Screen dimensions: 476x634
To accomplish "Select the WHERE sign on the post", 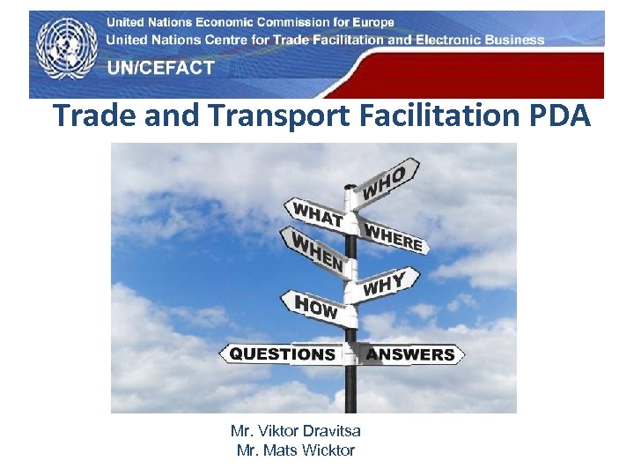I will pyautogui.click(x=394, y=235).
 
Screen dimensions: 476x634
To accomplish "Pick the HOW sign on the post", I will pyautogui.click(x=315, y=308).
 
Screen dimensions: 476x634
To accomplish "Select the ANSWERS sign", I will pyautogui.click(x=410, y=354).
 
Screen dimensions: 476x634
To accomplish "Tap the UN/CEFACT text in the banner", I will pyautogui.click(x=161, y=68).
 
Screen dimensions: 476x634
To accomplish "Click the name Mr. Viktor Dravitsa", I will pyautogui.click(x=295, y=431).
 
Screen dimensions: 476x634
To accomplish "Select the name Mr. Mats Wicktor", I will pyautogui.click(x=295, y=450).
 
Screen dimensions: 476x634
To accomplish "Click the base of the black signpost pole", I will pyautogui.click(x=350, y=407).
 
